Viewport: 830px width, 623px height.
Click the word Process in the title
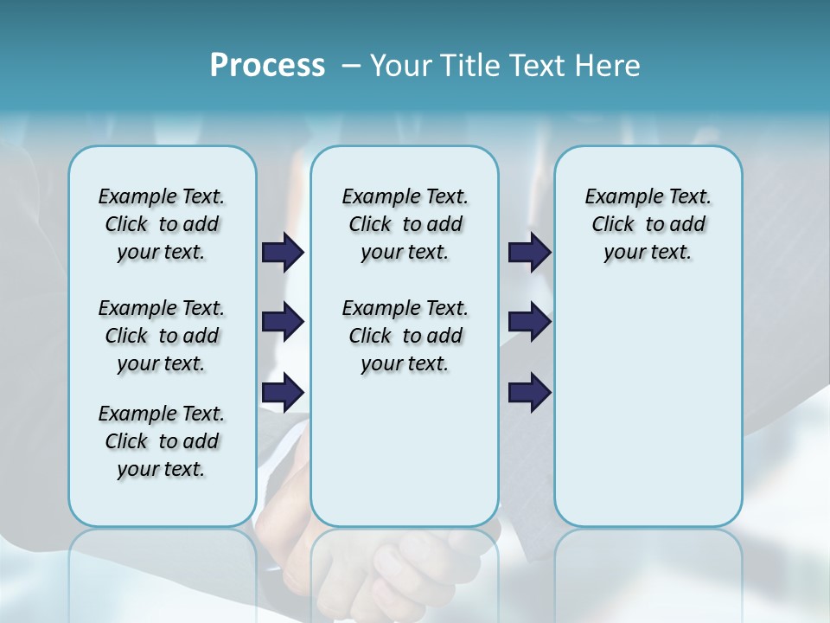click(267, 66)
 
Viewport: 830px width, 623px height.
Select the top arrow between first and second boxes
click(284, 252)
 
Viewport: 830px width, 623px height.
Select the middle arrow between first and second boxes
click(284, 322)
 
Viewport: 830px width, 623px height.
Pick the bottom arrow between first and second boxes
click(284, 393)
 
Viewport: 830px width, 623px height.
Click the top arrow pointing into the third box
click(529, 252)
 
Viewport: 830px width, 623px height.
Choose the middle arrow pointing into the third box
click(529, 322)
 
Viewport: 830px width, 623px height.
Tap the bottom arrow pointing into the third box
click(529, 393)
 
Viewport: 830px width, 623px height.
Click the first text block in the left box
click(162, 224)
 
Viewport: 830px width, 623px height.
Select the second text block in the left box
click(162, 336)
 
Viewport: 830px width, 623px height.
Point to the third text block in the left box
click(162, 441)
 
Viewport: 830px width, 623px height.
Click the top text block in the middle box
click(405, 224)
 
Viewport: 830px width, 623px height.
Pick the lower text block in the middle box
click(405, 336)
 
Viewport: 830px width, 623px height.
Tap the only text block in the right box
click(648, 224)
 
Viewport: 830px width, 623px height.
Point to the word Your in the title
click(399, 66)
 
